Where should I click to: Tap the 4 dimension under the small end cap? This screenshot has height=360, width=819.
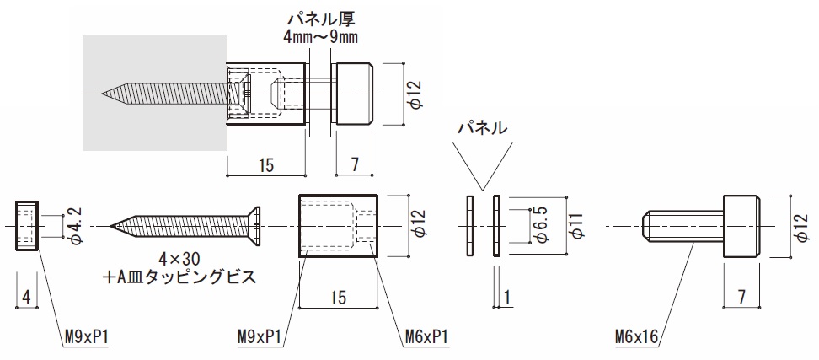(27, 296)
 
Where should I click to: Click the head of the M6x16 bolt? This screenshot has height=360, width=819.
(741, 226)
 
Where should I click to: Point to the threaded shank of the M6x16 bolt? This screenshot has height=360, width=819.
(682, 226)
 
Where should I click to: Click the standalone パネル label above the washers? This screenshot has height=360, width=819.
(482, 128)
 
